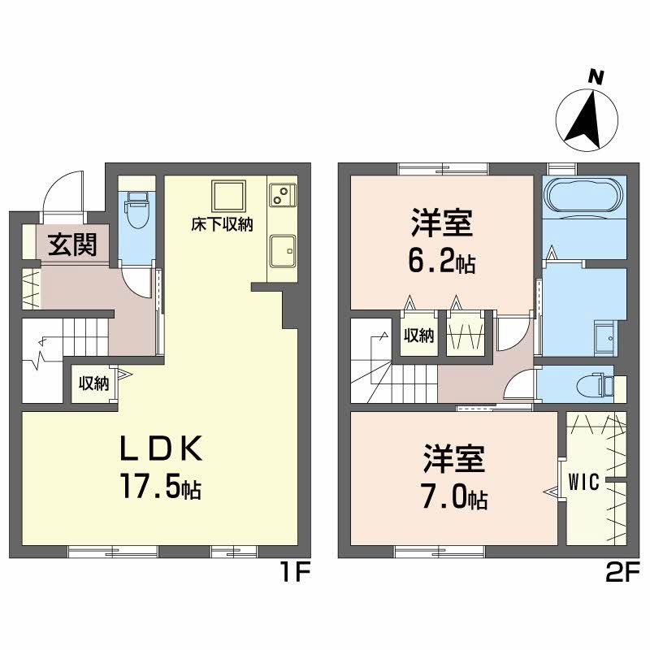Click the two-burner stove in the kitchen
282,195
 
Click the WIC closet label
583,483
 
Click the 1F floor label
295,574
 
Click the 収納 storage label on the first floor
93,383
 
